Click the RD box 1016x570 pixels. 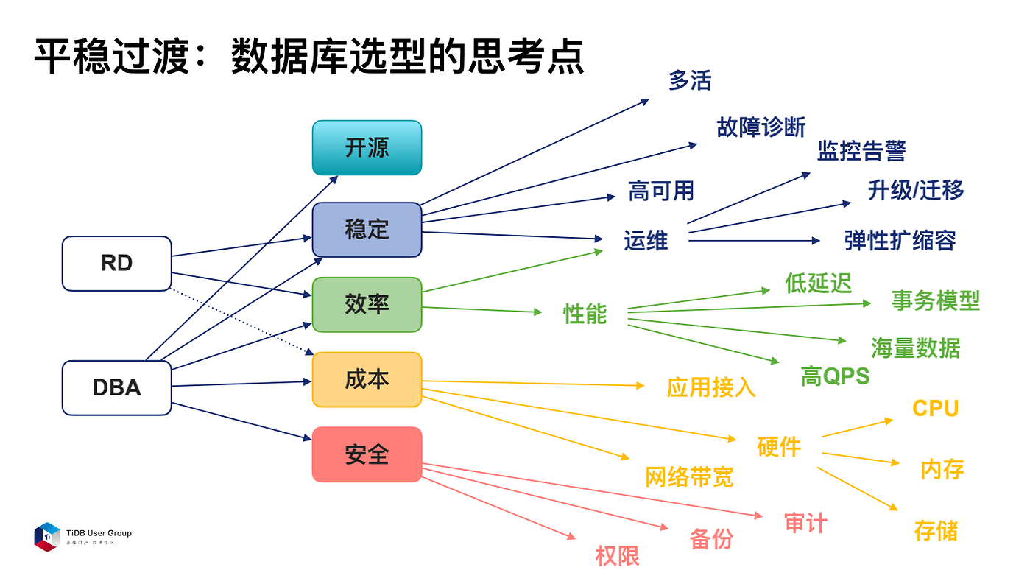pos(116,263)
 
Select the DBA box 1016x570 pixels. pos(116,387)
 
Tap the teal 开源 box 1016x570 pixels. pos(367,147)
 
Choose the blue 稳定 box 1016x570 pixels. pos(367,229)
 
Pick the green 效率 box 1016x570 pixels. pos(367,304)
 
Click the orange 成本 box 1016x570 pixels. pos(367,379)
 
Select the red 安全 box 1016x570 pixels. pos(367,454)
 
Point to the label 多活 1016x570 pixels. pos(690,80)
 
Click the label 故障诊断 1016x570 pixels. pos(761,127)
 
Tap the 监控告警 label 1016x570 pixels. pos(861,151)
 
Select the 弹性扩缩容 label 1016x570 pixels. pos(900,240)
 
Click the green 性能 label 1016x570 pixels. pos(585,314)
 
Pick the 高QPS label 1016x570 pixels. pos(835,376)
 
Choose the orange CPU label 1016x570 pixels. pos(935,409)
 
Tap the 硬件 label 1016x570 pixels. pos(778,446)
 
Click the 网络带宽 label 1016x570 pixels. pos(689,477)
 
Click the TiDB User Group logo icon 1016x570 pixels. pos(46,536)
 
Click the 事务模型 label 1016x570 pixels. pos(935,300)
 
